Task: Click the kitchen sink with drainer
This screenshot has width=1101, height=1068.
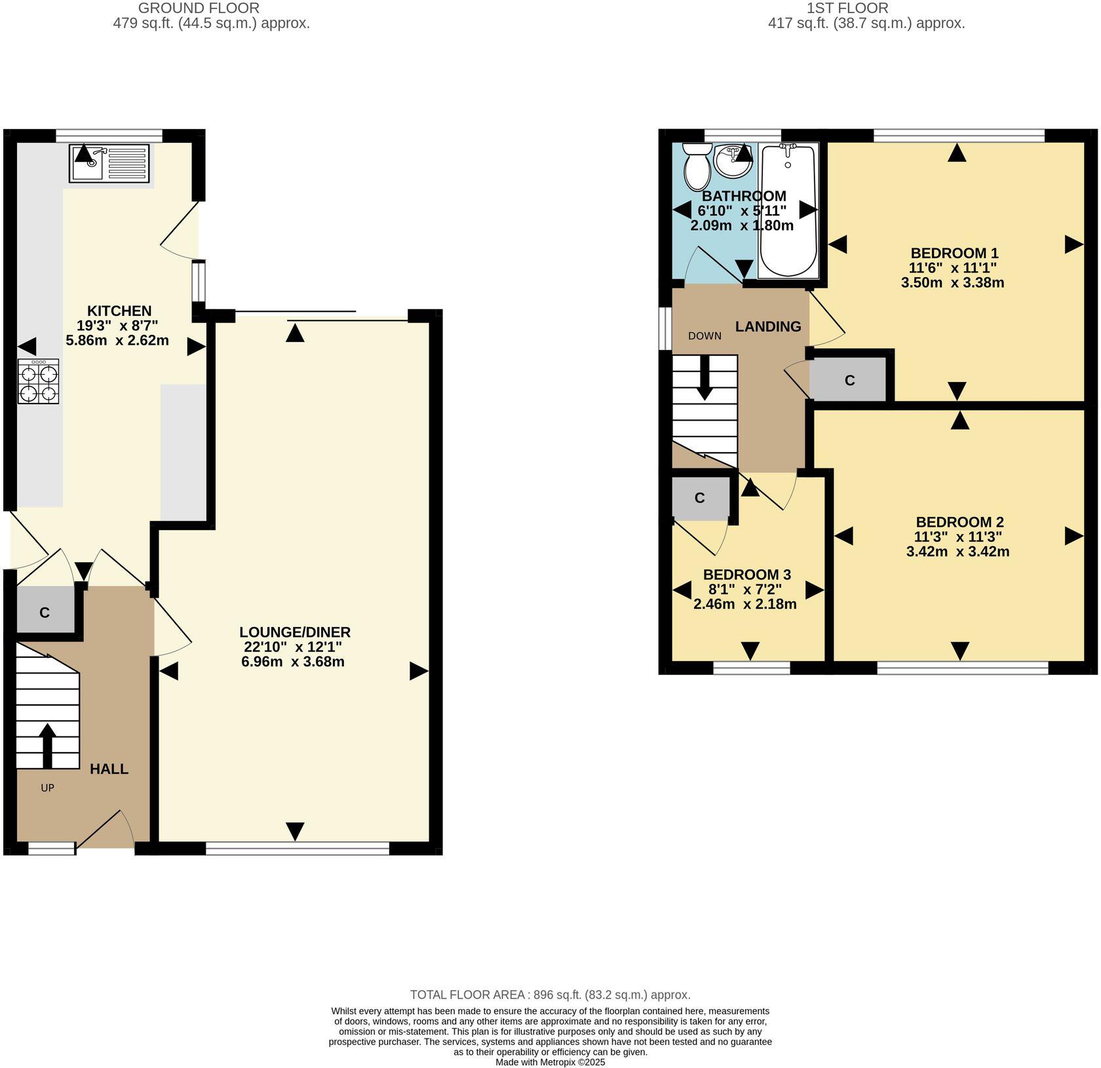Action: (x=109, y=164)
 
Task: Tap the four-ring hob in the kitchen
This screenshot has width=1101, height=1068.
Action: (x=39, y=383)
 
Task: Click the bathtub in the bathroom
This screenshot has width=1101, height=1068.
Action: (x=788, y=211)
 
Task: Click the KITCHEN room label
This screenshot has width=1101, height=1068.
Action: (x=119, y=311)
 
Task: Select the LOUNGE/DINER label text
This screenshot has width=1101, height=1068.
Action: (x=295, y=632)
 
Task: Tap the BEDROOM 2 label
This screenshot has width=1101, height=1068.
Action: (x=959, y=522)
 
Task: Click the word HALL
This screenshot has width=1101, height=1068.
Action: (x=109, y=769)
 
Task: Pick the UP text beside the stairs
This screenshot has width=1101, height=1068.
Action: (x=47, y=788)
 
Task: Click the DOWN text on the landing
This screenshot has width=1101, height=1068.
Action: (x=705, y=336)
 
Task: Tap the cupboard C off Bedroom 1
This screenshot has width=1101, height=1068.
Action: (x=849, y=381)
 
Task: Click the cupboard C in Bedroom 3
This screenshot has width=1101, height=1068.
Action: (x=699, y=498)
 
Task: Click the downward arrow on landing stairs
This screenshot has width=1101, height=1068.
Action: (x=705, y=378)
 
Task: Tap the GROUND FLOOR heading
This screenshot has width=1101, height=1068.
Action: (x=199, y=9)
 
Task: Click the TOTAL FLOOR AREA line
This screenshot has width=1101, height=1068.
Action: (x=550, y=995)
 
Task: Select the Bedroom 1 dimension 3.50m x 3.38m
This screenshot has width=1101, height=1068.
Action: (x=952, y=283)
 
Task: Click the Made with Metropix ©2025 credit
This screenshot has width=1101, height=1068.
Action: (x=550, y=1062)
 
